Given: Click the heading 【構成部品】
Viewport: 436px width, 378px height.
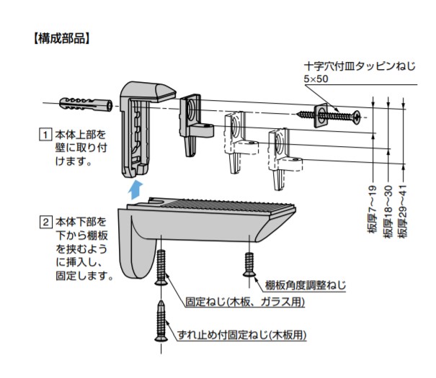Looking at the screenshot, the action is click(61, 39).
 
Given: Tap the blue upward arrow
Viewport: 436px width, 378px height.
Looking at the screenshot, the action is click(135, 190).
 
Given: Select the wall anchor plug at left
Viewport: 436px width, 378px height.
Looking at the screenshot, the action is click(86, 104).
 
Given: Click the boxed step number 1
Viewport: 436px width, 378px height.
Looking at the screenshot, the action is click(45, 135).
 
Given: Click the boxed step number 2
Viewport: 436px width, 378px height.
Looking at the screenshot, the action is click(46, 222).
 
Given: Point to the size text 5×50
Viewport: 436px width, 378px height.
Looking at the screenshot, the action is click(316, 79).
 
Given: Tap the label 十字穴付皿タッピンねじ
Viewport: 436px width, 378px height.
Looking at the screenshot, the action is click(360, 67).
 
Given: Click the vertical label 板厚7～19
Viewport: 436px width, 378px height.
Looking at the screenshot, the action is click(372, 210).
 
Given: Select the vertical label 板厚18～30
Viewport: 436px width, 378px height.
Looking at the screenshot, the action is click(388, 212).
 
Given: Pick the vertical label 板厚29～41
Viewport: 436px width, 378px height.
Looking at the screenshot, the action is click(402, 212).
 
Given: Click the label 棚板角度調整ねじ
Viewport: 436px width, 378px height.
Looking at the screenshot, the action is click(305, 285).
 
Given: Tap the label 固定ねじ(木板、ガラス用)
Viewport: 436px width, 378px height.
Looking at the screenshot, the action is click(245, 302).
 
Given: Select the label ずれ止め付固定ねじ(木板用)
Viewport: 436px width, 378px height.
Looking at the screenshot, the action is click(241, 335).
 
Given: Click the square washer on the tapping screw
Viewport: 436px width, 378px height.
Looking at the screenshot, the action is click(323, 115).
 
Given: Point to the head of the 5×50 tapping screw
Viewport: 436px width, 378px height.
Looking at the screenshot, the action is click(357, 117).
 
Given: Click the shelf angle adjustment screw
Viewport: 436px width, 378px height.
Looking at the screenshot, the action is click(249, 264).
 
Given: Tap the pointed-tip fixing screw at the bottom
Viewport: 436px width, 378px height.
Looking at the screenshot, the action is click(161, 320).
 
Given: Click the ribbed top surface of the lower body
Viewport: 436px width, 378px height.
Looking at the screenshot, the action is click(228, 207).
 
